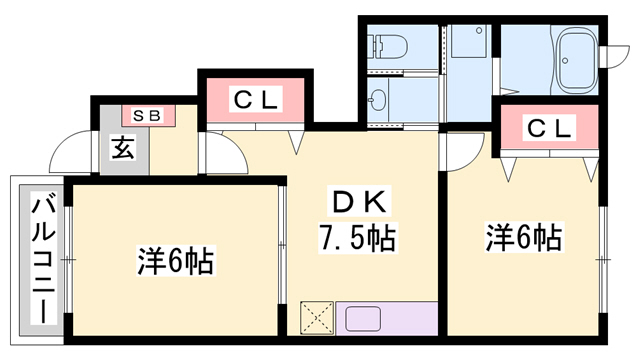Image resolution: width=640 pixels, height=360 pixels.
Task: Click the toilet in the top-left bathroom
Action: coord(390,46)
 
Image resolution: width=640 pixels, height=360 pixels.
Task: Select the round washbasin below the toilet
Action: coord(379,99)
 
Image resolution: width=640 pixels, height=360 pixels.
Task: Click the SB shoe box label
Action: coord(147,116)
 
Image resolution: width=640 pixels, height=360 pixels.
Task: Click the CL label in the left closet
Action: coord(258,100)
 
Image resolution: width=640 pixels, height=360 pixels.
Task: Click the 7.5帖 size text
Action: coord(356,239)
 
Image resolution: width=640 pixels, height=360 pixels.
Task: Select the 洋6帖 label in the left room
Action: coord(176,262)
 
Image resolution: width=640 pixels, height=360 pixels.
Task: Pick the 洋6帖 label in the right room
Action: coord(524,239)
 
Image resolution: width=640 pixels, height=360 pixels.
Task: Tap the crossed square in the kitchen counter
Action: coord(319,317)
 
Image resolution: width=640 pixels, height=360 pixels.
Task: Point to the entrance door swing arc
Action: coord(72,150)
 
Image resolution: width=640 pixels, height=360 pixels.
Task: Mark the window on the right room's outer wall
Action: coord(604,257)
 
